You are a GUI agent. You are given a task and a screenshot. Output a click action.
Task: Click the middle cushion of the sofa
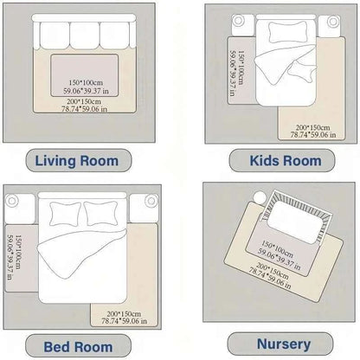[x=84, y=35]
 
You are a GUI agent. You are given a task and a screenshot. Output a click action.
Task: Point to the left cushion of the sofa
[x=52, y=35]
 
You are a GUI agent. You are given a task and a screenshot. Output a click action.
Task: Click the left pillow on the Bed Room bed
[x=66, y=212]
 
